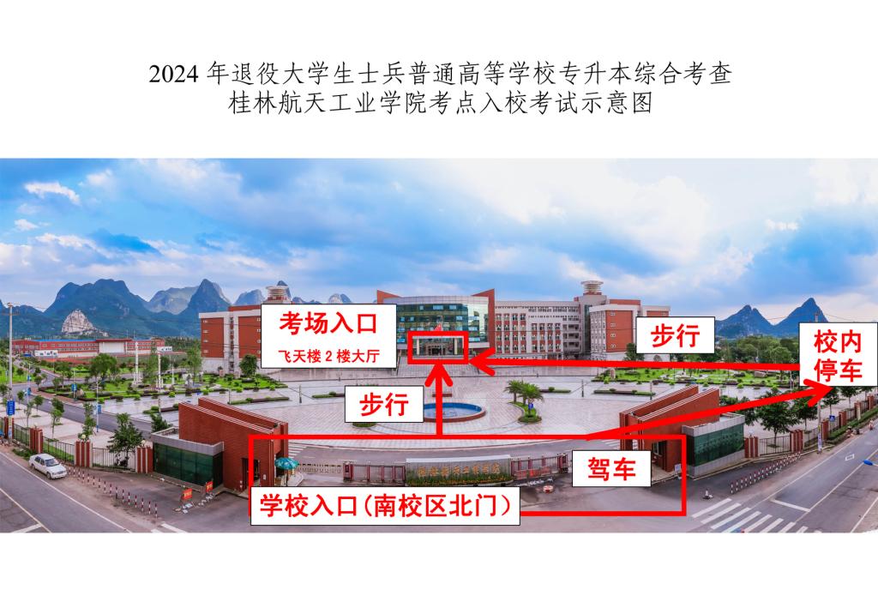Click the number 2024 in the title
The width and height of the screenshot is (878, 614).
pos(173,74)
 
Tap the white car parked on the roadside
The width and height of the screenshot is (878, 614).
pos(48,466)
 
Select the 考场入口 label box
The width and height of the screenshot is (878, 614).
pos(328,335)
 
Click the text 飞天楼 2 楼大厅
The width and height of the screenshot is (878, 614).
pos(328,356)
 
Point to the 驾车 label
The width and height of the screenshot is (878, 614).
pos(610,467)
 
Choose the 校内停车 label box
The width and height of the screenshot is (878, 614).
pos(838,355)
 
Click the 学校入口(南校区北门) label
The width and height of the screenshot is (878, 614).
pos(385,506)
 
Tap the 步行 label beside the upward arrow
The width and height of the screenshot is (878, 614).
pos(383,404)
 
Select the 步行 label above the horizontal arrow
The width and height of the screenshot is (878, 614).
pos(675,335)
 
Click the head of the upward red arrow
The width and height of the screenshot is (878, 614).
pos(440,374)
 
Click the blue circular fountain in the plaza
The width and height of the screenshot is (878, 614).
pos(453,411)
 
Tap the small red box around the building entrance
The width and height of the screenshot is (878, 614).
pos(437,347)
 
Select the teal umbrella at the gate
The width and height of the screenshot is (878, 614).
pos(286,464)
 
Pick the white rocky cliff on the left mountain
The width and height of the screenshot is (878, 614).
pos(77,322)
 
